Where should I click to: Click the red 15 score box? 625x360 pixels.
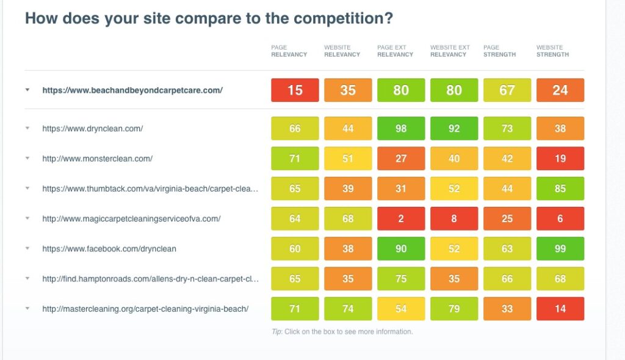tap(295, 90)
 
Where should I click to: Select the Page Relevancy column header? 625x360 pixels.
tap(289, 51)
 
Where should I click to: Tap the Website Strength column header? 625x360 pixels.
tap(552, 51)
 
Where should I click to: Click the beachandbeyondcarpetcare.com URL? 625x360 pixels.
tap(132, 90)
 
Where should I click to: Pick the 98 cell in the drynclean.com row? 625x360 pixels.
tap(401, 128)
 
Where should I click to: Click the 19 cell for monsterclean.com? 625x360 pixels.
tap(560, 158)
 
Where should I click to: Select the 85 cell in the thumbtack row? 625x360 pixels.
tap(560, 189)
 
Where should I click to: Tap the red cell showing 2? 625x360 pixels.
tap(401, 218)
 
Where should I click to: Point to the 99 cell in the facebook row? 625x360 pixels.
tap(560, 249)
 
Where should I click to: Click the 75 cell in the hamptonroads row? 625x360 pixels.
tap(401, 279)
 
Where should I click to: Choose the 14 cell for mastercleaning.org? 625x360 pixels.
tap(560, 309)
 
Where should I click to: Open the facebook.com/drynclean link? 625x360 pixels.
tap(109, 249)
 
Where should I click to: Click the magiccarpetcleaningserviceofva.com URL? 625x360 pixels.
tap(132, 218)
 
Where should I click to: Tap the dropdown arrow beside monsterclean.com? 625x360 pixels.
tap(27, 158)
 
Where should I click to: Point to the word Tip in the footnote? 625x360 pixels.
tap(276, 332)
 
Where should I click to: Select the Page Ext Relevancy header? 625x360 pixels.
tap(395, 51)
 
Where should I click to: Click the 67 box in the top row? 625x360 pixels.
tap(507, 90)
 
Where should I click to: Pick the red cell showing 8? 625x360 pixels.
tap(454, 218)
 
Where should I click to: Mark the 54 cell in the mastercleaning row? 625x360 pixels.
tap(401, 309)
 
